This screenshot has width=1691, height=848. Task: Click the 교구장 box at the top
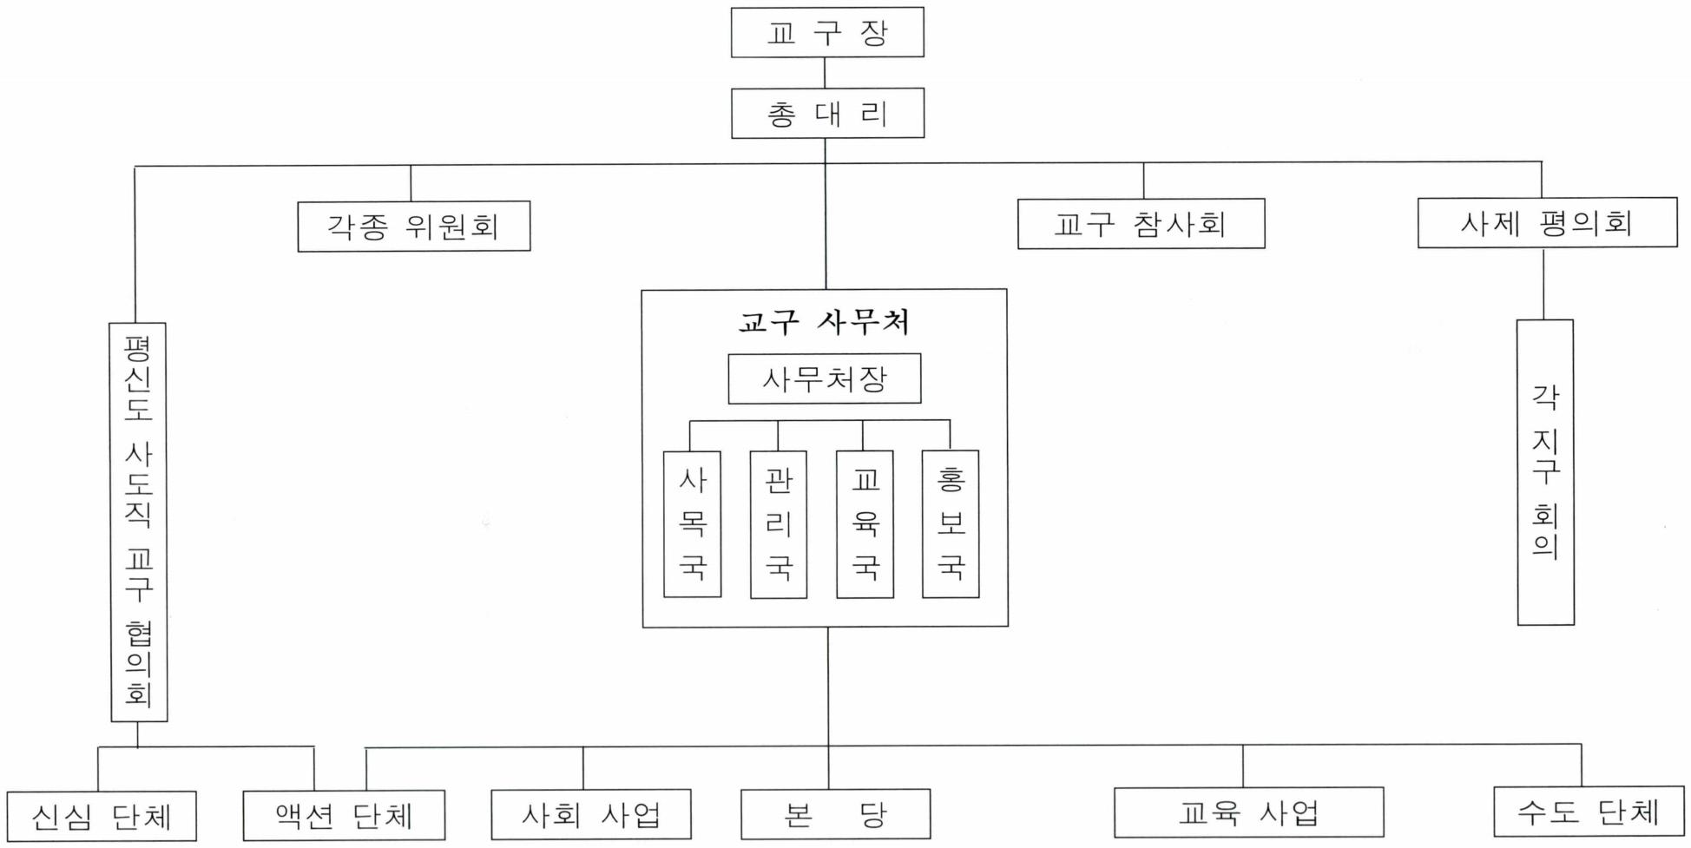click(x=826, y=33)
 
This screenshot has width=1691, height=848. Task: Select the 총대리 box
click(x=827, y=114)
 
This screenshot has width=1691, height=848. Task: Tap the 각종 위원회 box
click(x=413, y=227)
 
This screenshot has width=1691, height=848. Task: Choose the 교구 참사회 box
click(x=1141, y=224)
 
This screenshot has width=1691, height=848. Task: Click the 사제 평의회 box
click(x=1547, y=223)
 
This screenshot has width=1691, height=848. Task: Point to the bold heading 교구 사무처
click(x=824, y=322)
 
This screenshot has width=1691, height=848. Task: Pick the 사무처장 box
click(x=824, y=378)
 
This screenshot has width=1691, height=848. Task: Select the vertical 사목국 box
click(x=692, y=524)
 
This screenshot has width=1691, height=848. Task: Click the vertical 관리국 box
click(x=778, y=524)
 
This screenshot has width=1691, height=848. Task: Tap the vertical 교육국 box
click(x=865, y=524)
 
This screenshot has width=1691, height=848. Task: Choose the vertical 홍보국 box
click(x=951, y=524)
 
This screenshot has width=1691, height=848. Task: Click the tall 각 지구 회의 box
click(x=1545, y=472)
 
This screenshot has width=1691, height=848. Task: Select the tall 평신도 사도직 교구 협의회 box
click(x=138, y=523)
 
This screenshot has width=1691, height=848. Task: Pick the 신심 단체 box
click(x=102, y=816)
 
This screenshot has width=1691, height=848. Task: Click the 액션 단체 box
click(x=344, y=816)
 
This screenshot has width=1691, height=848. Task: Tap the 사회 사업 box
click(x=591, y=814)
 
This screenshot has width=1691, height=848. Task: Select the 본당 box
click(x=835, y=814)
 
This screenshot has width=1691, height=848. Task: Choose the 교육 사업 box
click(x=1248, y=812)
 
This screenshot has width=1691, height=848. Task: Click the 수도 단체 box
click(x=1588, y=812)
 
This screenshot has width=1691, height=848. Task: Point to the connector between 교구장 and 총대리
click(x=825, y=73)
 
